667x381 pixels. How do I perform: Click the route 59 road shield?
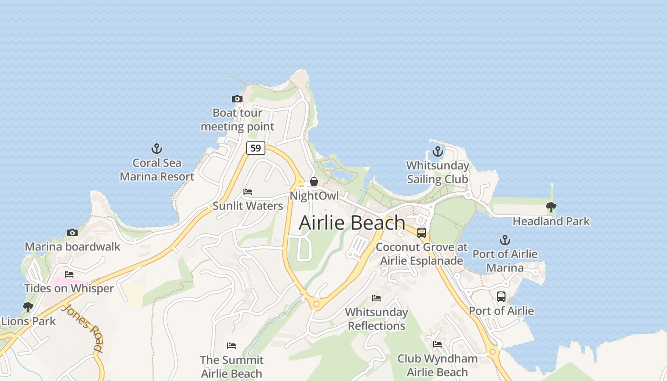tap(256, 148)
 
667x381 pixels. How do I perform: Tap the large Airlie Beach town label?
tap(352, 223)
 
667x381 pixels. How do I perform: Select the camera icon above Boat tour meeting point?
tap(237, 99)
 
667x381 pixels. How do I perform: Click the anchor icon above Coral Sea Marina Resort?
tap(157, 149)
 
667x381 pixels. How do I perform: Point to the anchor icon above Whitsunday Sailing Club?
tap(437, 152)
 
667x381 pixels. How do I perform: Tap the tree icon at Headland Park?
tap(551, 207)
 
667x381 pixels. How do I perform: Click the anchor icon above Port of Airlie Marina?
tap(505, 240)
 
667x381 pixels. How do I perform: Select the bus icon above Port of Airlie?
tap(501, 297)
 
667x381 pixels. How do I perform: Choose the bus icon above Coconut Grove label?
tap(422, 233)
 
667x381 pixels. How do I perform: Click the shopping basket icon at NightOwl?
tap(314, 181)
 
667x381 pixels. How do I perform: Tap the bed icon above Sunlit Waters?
tap(248, 192)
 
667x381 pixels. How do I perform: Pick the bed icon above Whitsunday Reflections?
tap(376, 298)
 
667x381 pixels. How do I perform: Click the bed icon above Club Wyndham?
tap(437, 344)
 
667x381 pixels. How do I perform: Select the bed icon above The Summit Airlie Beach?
tap(232, 345)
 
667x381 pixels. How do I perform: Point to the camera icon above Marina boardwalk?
tap(72, 233)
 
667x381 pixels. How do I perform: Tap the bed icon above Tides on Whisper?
tap(69, 274)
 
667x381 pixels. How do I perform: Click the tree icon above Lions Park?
tap(28, 307)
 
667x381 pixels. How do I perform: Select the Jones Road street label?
tap(82, 328)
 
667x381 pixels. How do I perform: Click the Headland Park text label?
tap(551, 221)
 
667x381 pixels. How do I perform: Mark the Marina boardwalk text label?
tap(72, 247)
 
